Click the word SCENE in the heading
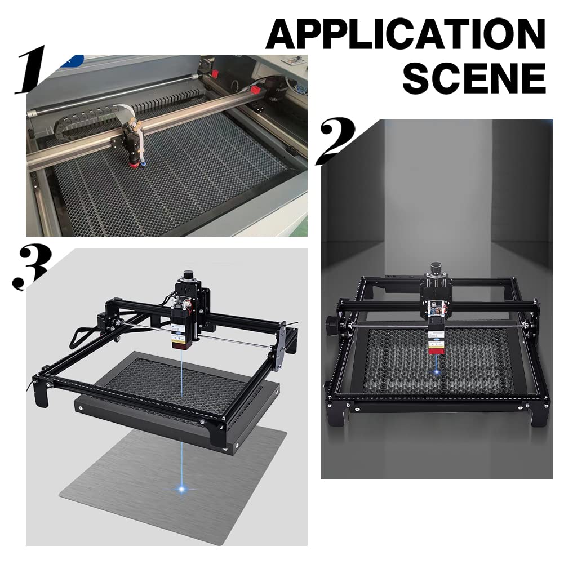tap(474, 79)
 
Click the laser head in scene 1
tap(134, 145)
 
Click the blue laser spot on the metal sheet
tap(181, 488)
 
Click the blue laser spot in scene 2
tap(436, 371)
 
